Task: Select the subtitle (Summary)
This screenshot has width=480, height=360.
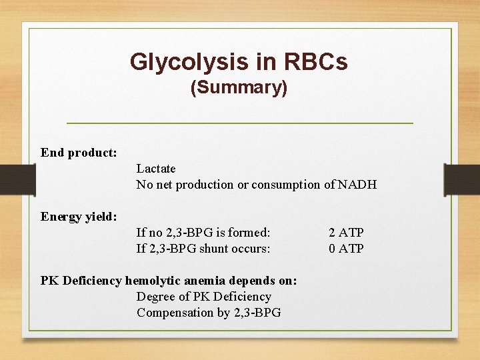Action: [x=239, y=87]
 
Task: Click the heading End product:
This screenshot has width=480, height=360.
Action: [x=79, y=153]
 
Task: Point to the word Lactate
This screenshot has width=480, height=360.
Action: [x=156, y=169]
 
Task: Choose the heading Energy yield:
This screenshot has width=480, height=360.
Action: [x=79, y=217]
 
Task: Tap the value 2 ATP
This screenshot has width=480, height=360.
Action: [x=346, y=233]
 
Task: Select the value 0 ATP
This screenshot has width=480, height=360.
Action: [x=346, y=249]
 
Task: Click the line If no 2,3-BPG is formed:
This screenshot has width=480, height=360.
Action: [x=203, y=233]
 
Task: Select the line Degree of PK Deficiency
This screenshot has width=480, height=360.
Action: [x=204, y=297]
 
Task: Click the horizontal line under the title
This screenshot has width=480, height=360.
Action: [x=240, y=123]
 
